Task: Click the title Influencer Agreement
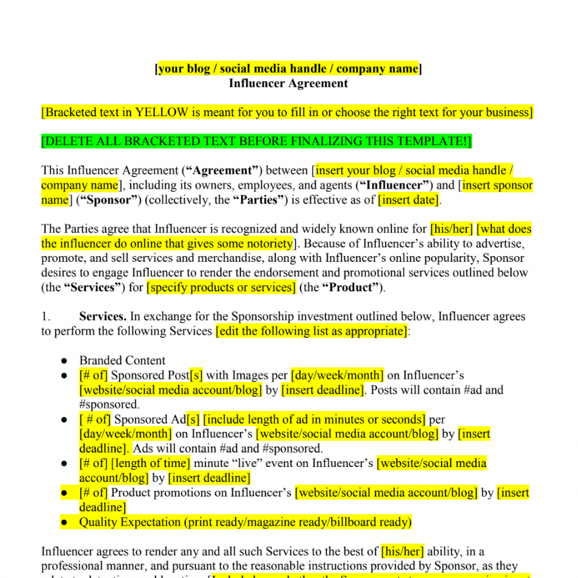(288, 83)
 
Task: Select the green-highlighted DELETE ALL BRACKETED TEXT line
(257, 142)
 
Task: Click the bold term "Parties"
(259, 201)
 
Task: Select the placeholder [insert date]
(409, 201)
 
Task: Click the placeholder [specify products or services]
(221, 288)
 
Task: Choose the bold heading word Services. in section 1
(103, 317)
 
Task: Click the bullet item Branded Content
(122, 361)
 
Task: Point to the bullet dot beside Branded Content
(65, 361)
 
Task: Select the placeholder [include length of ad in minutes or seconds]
(314, 420)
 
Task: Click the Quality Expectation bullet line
(245, 523)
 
